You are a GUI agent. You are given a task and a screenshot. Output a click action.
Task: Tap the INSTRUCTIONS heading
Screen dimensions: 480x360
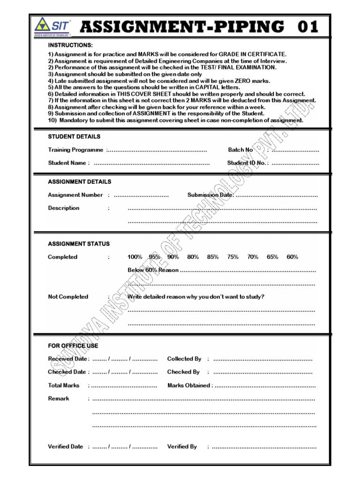pyautogui.click(x=70, y=45)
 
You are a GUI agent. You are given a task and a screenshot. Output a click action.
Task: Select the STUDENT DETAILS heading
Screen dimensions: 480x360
pyautogui.click(x=74, y=136)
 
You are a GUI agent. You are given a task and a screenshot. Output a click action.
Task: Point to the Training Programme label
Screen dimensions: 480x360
pyautogui.click(x=75, y=150)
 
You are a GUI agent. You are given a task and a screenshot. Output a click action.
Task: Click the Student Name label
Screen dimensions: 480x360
pyautogui.click(x=67, y=163)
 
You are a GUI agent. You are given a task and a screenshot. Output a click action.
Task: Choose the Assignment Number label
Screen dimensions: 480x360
pyautogui.click(x=75, y=195)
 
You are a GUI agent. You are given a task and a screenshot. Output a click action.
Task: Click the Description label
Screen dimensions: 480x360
pyautogui.click(x=64, y=208)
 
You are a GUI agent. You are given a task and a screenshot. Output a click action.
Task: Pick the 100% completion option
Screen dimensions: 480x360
pyautogui.click(x=135, y=257)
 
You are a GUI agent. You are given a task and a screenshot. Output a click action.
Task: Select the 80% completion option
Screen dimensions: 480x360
pyautogui.click(x=193, y=257)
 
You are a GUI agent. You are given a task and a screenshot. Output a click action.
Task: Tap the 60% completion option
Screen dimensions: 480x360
pyautogui.click(x=292, y=257)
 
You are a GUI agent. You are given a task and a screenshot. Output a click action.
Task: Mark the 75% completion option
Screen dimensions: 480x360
pyautogui.click(x=233, y=257)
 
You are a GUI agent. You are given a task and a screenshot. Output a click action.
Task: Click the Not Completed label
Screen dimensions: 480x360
pyautogui.click(x=68, y=297)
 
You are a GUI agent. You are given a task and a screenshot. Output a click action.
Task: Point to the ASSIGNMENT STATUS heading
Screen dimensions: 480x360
pyautogui.click(x=79, y=244)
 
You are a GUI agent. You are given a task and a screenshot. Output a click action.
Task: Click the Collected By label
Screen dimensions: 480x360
pyautogui.click(x=184, y=359)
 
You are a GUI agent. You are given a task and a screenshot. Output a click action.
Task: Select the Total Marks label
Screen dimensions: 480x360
pyautogui.click(x=64, y=385)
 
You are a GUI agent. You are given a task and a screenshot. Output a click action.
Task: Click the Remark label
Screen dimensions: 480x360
pyautogui.click(x=59, y=398)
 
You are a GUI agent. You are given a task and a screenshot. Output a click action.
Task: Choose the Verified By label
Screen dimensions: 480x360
pyautogui.click(x=182, y=447)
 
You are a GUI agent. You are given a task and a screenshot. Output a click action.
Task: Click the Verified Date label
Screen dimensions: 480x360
pyautogui.click(x=66, y=447)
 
